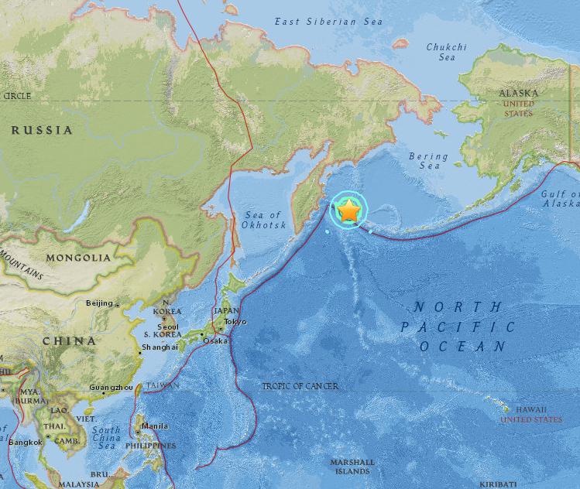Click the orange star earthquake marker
click(x=350, y=210)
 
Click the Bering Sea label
click(x=428, y=161)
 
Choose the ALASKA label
click(x=519, y=93)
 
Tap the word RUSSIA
click(x=42, y=130)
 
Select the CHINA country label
click(x=70, y=340)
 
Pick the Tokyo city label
click(x=235, y=321)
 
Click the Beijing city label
click(x=99, y=303)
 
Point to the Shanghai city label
click(x=159, y=347)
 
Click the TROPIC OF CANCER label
click(x=300, y=385)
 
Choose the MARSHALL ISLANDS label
click(x=352, y=467)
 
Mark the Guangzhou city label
click(x=111, y=387)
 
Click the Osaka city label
click(x=216, y=340)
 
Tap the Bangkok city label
click(x=25, y=442)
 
